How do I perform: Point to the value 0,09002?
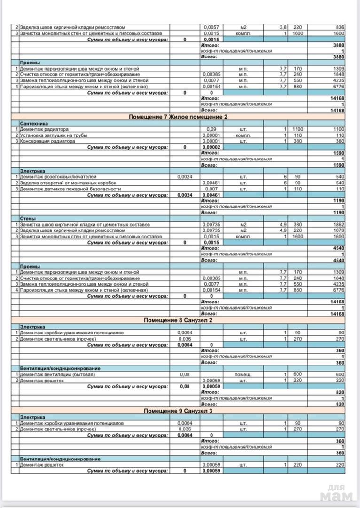click(212, 147)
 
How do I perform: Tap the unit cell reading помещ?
click(243, 374)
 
